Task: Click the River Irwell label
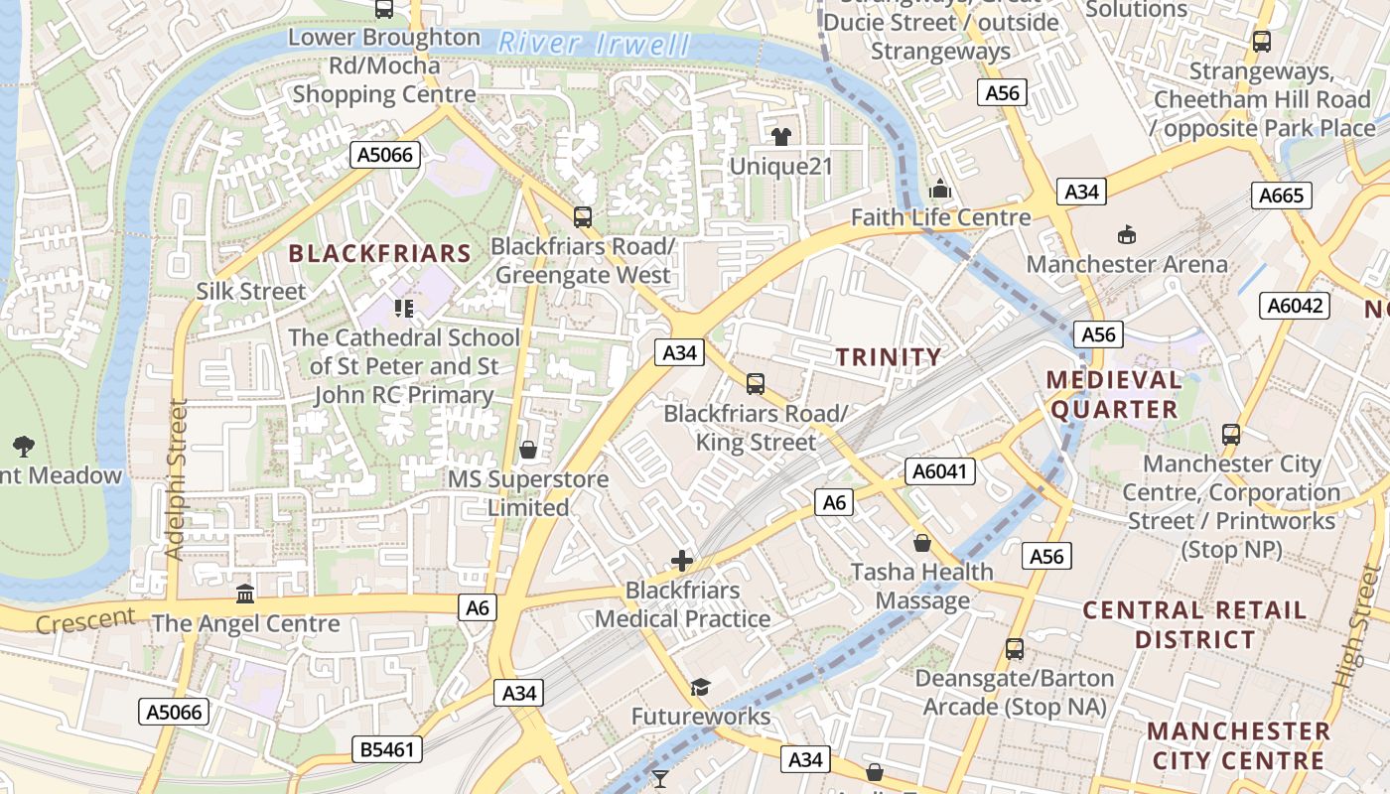pyautogui.click(x=594, y=44)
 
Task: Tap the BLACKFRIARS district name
pyautogui.click(x=379, y=253)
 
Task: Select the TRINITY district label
pyautogui.click(x=888, y=357)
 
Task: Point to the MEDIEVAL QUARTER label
pyautogui.click(x=1113, y=394)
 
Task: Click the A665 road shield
pyautogui.click(x=1281, y=196)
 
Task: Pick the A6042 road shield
pyautogui.click(x=1297, y=306)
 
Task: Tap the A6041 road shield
pyautogui.click(x=939, y=471)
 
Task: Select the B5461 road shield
pyautogui.click(x=387, y=749)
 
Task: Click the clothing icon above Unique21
pyautogui.click(x=781, y=137)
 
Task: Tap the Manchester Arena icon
pyautogui.click(x=1127, y=235)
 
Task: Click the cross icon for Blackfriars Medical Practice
pyautogui.click(x=682, y=561)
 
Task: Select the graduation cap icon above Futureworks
pyautogui.click(x=701, y=687)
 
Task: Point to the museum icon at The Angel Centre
pyautogui.click(x=245, y=594)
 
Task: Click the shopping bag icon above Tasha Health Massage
pyautogui.click(x=922, y=543)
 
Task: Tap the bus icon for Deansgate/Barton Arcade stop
pyautogui.click(x=1014, y=649)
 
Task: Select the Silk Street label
pyautogui.click(x=251, y=291)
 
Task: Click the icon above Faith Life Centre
pyautogui.click(x=939, y=189)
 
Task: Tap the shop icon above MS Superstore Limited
pyautogui.click(x=528, y=450)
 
